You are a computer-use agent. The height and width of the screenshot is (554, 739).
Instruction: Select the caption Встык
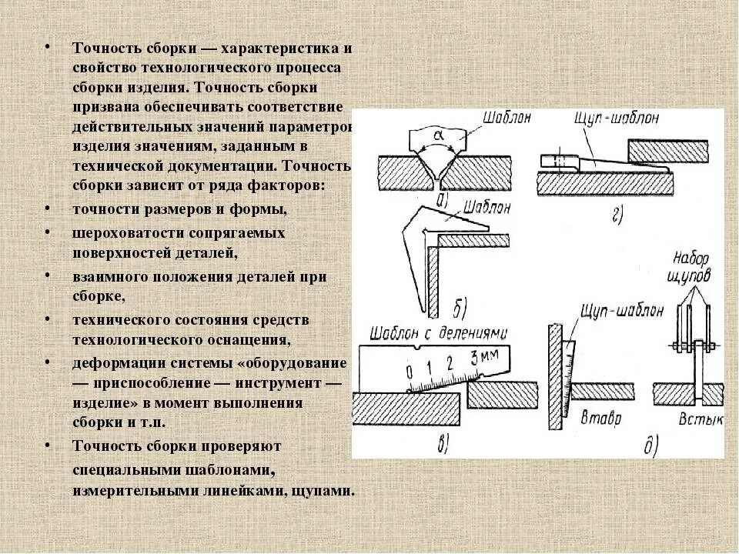click(695, 420)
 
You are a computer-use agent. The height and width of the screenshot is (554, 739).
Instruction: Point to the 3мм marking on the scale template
click(481, 356)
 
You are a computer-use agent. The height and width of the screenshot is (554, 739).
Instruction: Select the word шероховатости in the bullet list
click(126, 232)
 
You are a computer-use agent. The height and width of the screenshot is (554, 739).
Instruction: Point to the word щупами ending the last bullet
click(323, 489)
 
